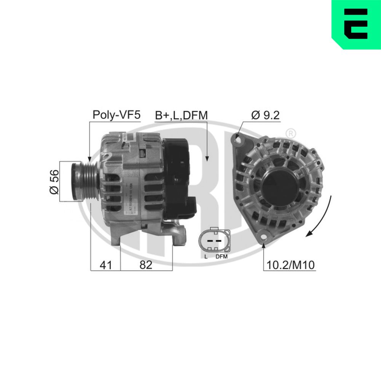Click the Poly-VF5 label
click(117, 115)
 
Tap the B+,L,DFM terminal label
click(181, 115)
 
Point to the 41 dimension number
click(106, 265)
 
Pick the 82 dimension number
click(146, 265)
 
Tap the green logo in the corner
click(356, 24)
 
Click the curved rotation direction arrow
click(324, 217)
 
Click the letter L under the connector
click(206, 257)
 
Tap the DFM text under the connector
click(221, 257)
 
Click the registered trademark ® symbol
click(290, 134)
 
